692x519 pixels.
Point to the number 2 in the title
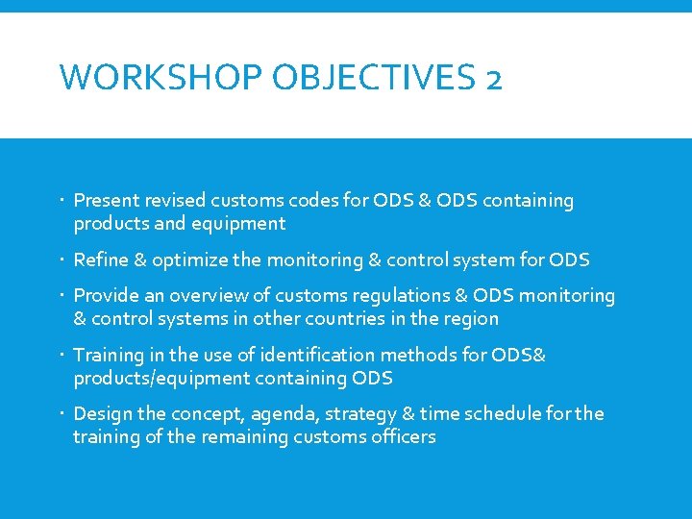493,77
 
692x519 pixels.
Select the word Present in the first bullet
105,201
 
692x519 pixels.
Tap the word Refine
100,260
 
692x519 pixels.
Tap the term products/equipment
160,379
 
